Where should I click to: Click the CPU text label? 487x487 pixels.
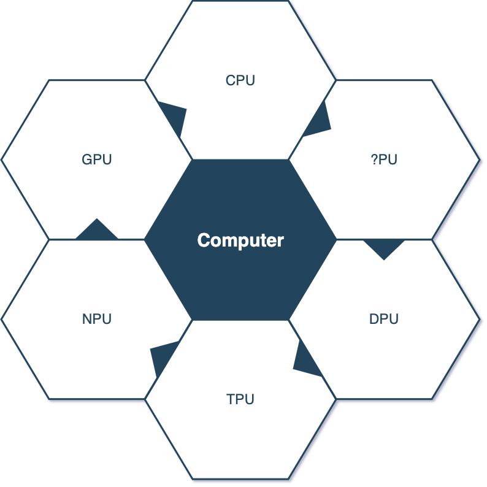240,80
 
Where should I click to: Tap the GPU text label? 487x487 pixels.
97,159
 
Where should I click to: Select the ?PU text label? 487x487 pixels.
384,159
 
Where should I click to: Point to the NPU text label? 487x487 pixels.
97,319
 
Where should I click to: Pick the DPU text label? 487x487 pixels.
384,319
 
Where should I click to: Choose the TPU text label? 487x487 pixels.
240,399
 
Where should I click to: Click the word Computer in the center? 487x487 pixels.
240,240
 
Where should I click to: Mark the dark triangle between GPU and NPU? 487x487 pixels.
97,231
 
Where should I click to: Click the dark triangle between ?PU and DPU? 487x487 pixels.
384,247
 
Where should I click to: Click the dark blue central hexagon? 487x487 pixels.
240,276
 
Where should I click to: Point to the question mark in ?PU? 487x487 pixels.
374,159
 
